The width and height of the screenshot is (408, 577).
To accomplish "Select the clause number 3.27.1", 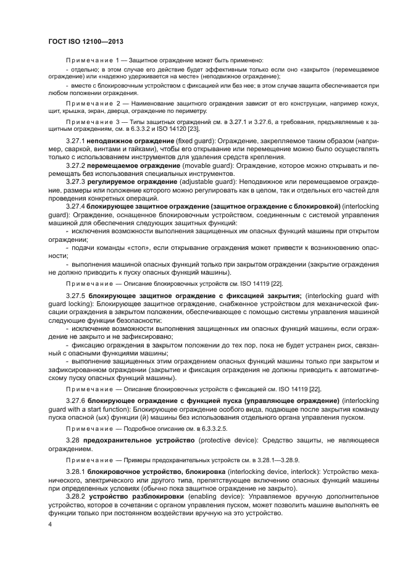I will [75, 141].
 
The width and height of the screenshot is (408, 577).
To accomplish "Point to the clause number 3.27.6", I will [75, 401].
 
